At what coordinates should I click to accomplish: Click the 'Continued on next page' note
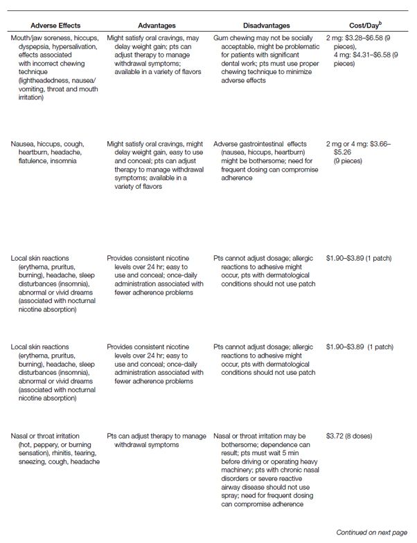[371, 532]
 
